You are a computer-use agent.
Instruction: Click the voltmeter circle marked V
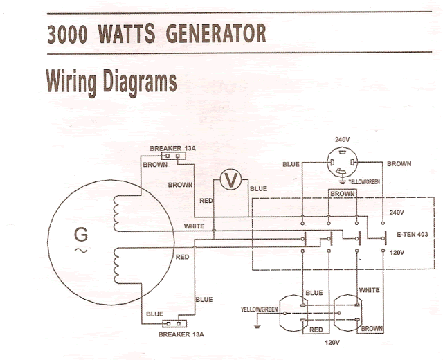pos(230,179)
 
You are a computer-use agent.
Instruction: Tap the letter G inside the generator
pos(81,235)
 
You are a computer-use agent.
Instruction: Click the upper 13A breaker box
pos(174,156)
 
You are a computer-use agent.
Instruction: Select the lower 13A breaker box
pos(175,323)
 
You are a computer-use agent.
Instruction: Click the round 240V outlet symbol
pos(342,162)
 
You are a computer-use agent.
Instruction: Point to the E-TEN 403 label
pos(413,234)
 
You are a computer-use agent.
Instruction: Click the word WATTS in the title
pos(127,33)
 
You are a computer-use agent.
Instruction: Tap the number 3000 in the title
pos(67,34)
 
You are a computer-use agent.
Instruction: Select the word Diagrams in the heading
pos(140,82)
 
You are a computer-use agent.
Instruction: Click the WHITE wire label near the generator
pos(194,226)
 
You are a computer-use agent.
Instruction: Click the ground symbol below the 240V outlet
pos(343,181)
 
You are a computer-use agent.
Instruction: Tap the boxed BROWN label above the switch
pos(343,194)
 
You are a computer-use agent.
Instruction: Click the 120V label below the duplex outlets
pos(332,343)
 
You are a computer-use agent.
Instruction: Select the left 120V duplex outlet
pos(293,313)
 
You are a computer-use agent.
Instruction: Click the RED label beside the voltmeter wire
pos(206,201)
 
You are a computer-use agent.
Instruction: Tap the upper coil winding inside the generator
pos(116,214)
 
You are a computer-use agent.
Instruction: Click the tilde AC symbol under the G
pos(81,250)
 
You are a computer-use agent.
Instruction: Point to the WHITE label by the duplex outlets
pos(369,290)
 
